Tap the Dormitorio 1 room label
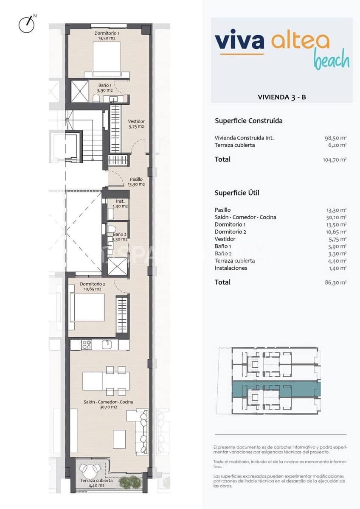coord(106,36)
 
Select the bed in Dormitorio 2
coord(88,308)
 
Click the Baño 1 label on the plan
coord(105,87)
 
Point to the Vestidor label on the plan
coord(136,124)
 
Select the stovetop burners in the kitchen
coord(87,344)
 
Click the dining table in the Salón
coord(106,381)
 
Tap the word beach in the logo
coord(332,60)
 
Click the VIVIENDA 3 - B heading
coord(282,97)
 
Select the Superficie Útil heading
coord(237,193)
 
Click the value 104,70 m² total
coord(335,160)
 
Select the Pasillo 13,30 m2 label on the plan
coord(136,182)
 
